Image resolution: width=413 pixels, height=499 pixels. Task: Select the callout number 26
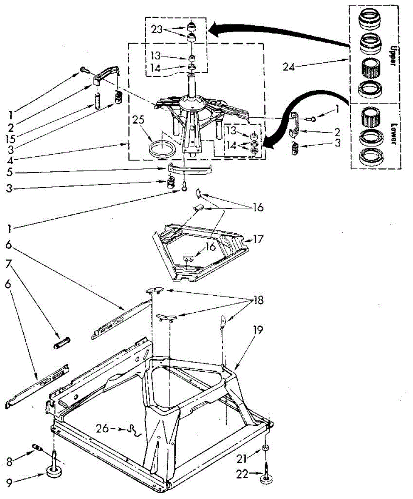103,427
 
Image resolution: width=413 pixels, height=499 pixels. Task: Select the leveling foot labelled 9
54,472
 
